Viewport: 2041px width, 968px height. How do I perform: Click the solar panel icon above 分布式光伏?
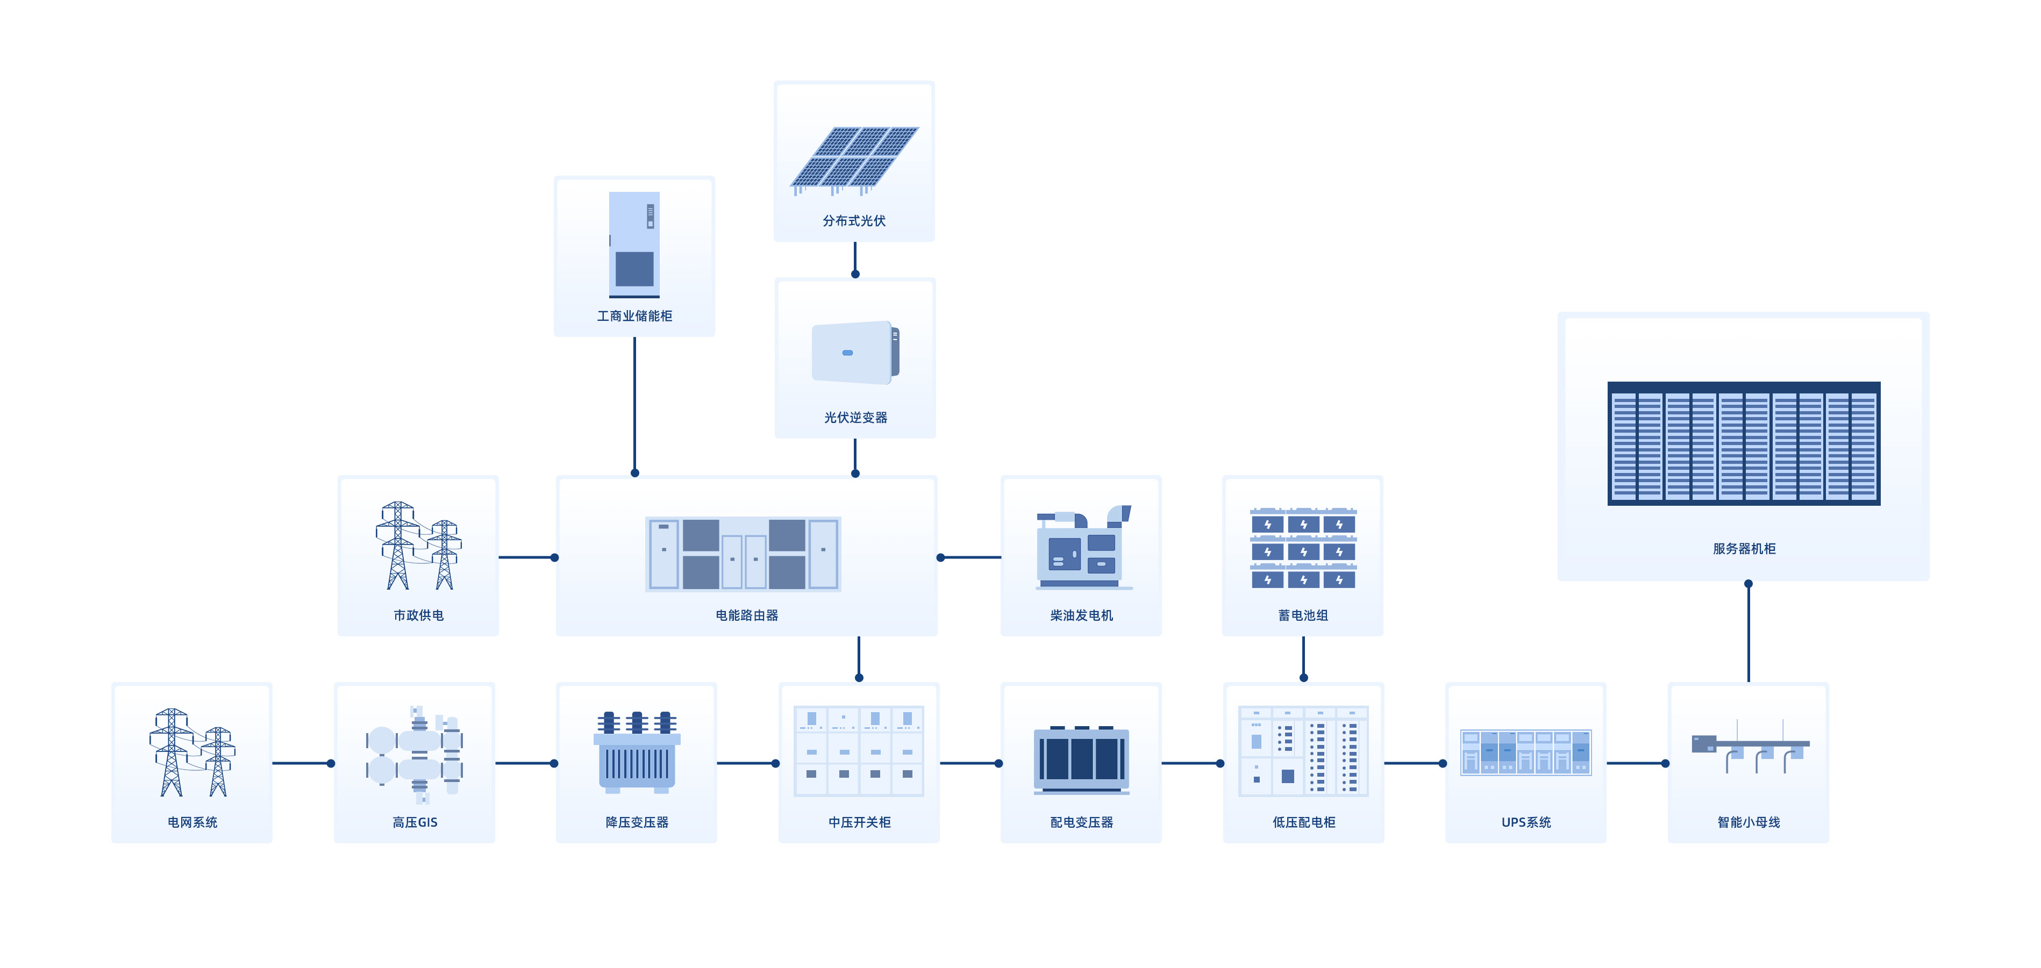854,159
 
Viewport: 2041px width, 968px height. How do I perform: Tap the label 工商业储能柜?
634,316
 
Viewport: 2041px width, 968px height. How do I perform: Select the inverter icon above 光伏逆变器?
855,353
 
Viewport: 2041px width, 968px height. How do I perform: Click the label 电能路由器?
746,615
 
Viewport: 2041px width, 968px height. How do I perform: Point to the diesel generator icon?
1082,548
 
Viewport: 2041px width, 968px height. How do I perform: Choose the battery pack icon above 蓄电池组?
1303,548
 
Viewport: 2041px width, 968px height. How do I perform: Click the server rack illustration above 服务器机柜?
1743,443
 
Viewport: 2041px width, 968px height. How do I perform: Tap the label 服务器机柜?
1744,549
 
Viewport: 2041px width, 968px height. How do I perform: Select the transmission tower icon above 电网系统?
192,752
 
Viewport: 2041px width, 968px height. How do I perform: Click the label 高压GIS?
415,822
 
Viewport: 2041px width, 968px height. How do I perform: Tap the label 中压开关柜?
859,822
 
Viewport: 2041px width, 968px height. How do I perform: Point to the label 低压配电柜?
1303,822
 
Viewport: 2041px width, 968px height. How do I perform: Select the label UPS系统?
1525,822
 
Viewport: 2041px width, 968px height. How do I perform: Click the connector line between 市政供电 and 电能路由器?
527,558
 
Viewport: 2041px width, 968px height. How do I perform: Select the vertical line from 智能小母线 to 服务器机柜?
1748,634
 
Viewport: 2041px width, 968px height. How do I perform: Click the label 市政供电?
418,615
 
